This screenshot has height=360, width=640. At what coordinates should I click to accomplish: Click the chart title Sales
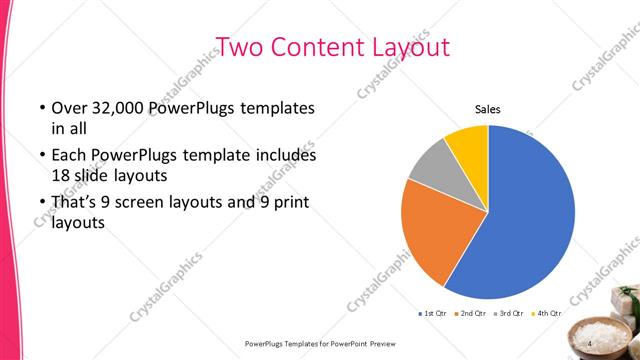[x=487, y=110]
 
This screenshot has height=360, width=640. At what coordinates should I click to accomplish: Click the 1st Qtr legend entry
[x=432, y=315]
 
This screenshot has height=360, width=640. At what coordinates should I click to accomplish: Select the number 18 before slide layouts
[x=61, y=175]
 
